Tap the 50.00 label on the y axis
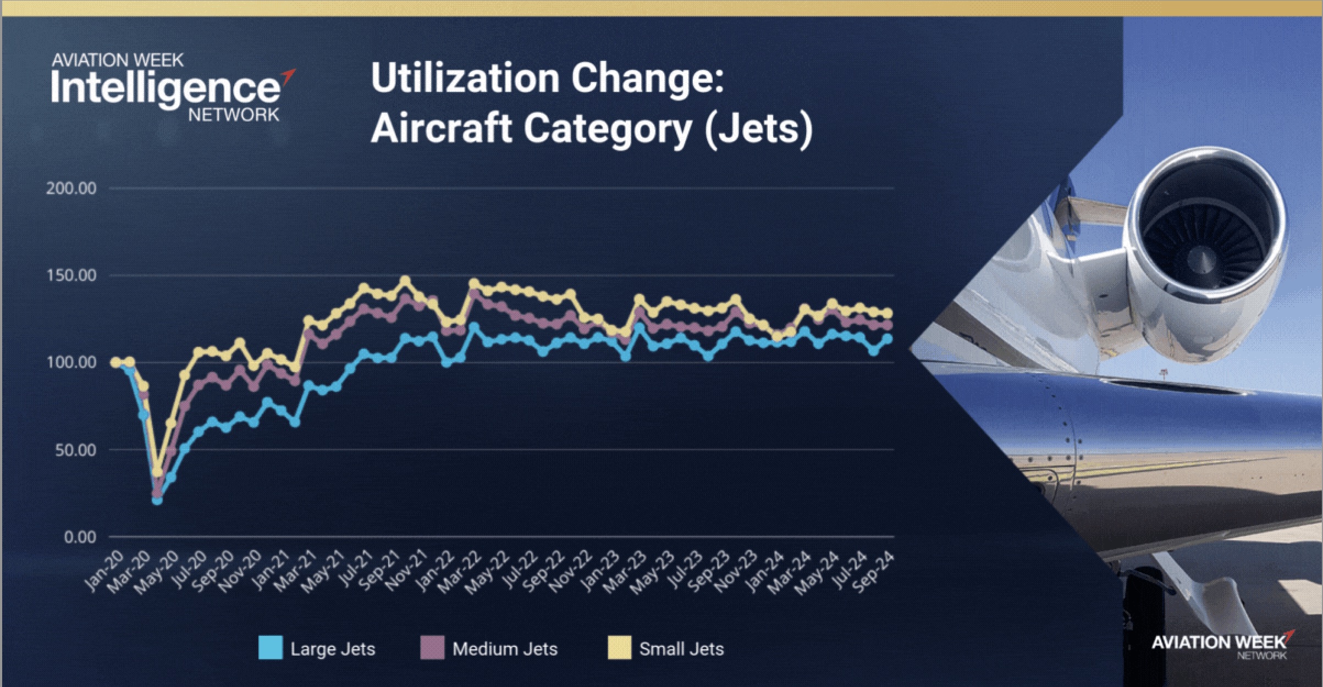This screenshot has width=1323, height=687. (x=75, y=450)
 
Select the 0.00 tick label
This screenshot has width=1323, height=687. (x=80, y=538)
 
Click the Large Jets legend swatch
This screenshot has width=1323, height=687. (x=271, y=648)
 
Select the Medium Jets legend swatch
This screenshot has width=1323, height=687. (x=432, y=648)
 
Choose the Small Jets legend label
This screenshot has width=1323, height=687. (x=681, y=649)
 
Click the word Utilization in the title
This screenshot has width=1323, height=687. (x=464, y=79)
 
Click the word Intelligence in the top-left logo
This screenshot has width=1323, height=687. (x=165, y=88)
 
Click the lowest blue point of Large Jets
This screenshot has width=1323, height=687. (x=157, y=500)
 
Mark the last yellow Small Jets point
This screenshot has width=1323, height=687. (x=887, y=313)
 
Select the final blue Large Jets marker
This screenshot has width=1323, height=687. (x=887, y=339)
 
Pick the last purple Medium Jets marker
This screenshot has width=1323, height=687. (x=887, y=325)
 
